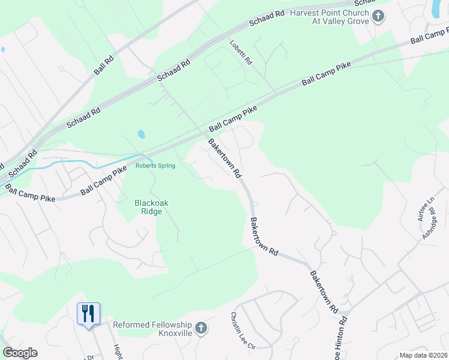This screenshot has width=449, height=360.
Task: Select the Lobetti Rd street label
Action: pos(241,53)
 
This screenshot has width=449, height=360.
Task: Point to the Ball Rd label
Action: pos(104,65)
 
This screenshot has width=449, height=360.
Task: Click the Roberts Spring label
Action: pos(155,166)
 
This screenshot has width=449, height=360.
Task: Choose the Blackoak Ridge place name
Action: pos(151,207)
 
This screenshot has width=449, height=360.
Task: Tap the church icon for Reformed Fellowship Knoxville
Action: pos(201,328)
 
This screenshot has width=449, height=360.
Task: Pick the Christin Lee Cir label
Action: pos(243,331)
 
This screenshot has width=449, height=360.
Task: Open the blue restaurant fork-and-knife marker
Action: pos(88,313)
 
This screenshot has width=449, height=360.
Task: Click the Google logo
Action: pos(19,353)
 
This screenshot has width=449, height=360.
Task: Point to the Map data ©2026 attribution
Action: pos(423,355)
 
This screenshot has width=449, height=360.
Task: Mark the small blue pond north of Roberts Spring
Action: pos(141,134)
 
